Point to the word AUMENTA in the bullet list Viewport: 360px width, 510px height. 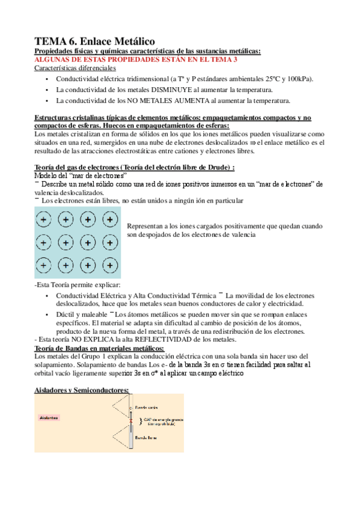click(195, 100)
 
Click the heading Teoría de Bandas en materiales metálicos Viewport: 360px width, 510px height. click(99, 348)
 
